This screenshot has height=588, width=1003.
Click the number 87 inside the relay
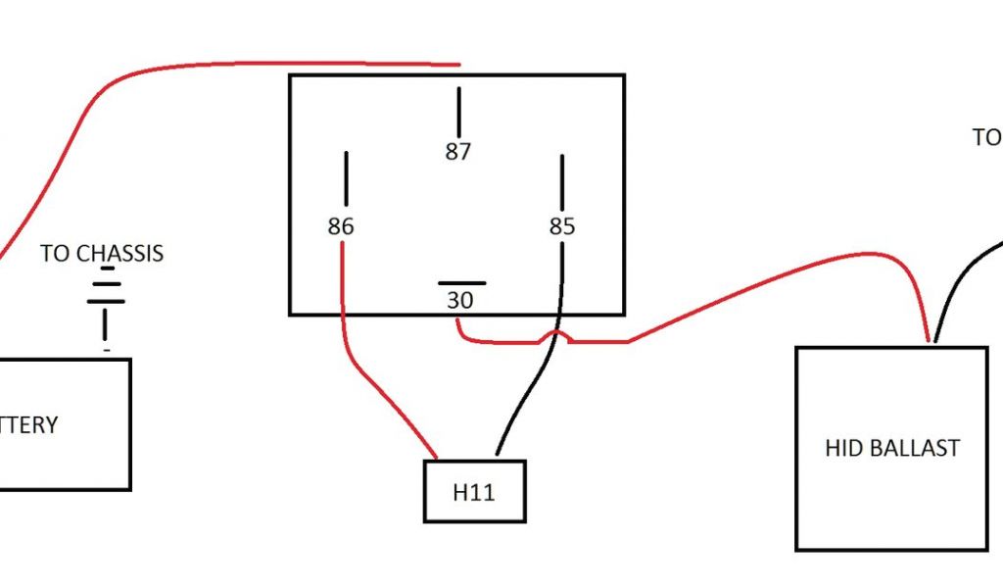point(457,152)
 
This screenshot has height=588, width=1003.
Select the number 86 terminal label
point(340,227)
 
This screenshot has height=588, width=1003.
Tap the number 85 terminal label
point(561,227)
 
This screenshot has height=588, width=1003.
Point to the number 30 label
point(459,301)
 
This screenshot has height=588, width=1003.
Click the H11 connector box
point(474,491)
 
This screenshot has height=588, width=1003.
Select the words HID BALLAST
point(891,448)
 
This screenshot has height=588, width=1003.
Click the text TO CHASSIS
point(102,254)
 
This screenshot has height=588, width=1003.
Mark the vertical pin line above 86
point(345,178)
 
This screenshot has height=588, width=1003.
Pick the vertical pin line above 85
point(562,181)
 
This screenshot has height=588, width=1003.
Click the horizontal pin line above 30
point(461,283)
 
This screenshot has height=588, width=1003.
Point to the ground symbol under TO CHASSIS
point(105,299)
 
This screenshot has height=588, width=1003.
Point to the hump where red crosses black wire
point(553,335)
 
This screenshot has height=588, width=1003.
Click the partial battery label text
point(29,425)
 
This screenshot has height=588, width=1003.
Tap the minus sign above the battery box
point(106,348)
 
